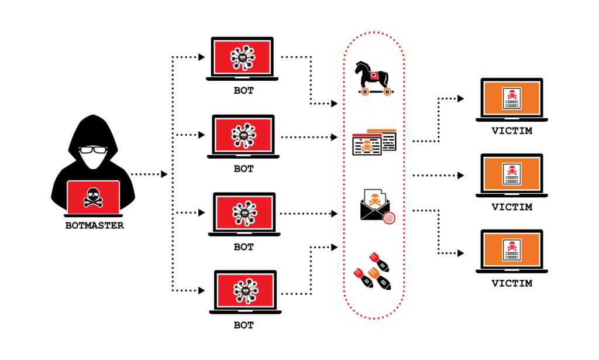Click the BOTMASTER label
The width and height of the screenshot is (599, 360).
(x=94, y=225)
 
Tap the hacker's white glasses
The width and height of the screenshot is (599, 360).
(x=94, y=150)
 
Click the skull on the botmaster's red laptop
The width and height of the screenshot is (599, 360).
(x=93, y=196)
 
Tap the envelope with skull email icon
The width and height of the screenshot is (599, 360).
(x=374, y=205)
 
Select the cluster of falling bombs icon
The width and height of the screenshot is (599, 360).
(x=373, y=271)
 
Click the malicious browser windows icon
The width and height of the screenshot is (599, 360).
(x=374, y=142)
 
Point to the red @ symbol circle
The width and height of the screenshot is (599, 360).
(x=388, y=218)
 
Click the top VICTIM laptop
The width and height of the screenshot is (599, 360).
(x=511, y=100)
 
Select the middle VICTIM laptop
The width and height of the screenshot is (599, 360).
(x=511, y=175)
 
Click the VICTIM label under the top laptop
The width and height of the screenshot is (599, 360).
(x=512, y=131)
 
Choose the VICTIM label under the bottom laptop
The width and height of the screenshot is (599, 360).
(x=512, y=283)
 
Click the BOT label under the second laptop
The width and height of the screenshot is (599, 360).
(x=244, y=169)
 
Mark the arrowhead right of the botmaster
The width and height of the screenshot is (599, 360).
(x=164, y=174)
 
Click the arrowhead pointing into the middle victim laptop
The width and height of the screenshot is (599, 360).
(x=461, y=175)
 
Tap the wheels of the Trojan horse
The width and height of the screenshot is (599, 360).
(x=374, y=91)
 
